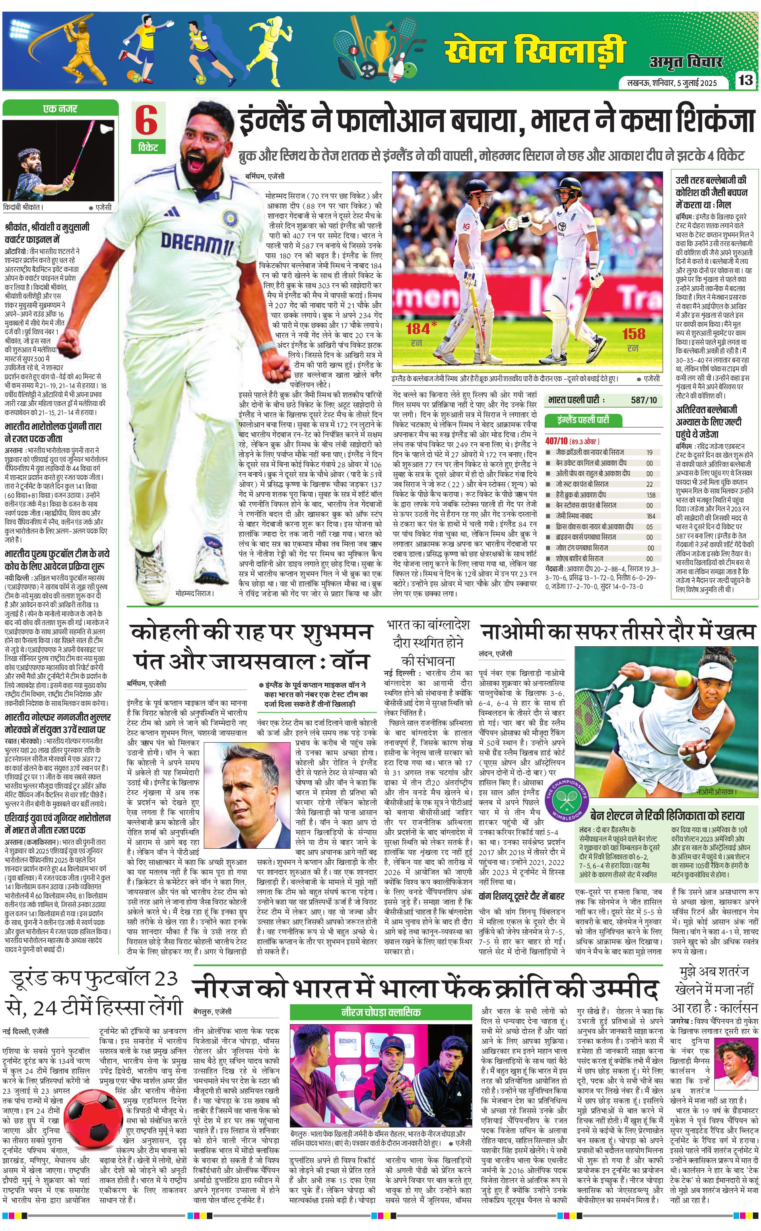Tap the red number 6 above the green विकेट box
(146, 121)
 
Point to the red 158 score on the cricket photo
(633, 333)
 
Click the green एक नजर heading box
(60, 108)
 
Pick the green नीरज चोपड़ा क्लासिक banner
(381, 1012)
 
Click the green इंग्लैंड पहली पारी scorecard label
(583, 419)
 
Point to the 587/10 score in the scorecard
(644, 400)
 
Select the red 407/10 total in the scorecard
(556, 441)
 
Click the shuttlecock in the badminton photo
(105, 128)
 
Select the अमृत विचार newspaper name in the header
(685, 61)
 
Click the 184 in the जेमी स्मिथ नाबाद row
(651, 515)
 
